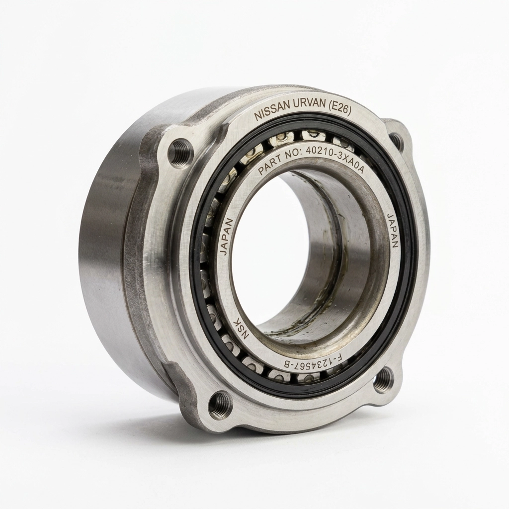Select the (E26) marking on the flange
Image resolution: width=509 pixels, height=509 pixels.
click(x=339, y=110)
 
